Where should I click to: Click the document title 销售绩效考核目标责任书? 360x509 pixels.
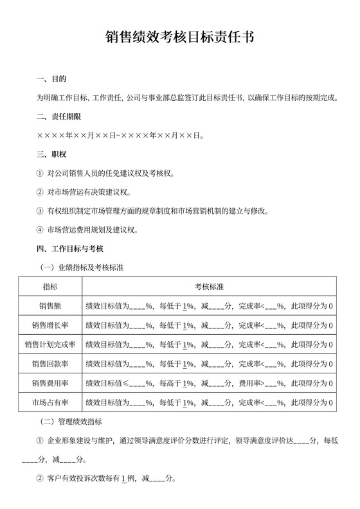[x=179, y=37]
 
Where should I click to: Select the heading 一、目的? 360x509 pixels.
[x=51, y=80]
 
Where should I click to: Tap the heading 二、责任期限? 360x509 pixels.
[x=60, y=117]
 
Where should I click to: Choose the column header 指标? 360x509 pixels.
[x=50, y=285]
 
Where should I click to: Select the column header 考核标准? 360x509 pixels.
[x=209, y=285]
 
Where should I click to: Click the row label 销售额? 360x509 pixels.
[x=50, y=305]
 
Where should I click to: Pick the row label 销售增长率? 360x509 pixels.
[x=50, y=325]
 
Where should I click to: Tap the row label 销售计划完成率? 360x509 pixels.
[x=50, y=344]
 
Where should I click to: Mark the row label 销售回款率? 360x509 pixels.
[x=50, y=364]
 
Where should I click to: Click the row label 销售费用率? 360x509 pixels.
[x=50, y=384]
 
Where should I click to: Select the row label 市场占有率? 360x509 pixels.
[x=50, y=403]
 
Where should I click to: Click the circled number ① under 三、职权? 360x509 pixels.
[x=40, y=174]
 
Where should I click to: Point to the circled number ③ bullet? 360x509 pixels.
[x=40, y=211]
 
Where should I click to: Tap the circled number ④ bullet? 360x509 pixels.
[x=40, y=229]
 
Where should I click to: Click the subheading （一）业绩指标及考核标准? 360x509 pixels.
[x=82, y=266]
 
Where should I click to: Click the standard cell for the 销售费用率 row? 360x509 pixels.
[x=209, y=384]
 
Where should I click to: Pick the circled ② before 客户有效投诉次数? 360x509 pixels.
[x=40, y=479]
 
